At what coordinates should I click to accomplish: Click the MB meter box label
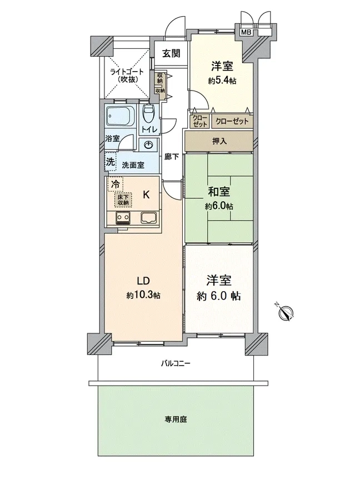(x=246, y=32)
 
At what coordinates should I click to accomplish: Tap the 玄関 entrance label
(x=171, y=53)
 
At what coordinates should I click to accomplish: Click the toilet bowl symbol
(x=148, y=114)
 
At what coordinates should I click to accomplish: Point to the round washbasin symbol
(x=148, y=146)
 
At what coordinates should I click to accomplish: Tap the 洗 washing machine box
(x=111, y=162)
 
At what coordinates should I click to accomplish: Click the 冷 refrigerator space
(x=116, y=184)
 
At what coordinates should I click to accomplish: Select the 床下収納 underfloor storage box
(x=123, y=200)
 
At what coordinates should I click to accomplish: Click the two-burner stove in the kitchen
(x=123, y=218)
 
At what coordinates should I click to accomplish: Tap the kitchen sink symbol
(x=148, y=218)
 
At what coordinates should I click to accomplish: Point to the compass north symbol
(x=286, y=312)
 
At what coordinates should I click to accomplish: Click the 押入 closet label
(x=219, y=141)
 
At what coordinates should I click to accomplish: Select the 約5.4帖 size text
(x=222, y=81)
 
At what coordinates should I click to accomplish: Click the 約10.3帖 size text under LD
(x=143, y=296)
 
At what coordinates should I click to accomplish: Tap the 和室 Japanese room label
(x=219, y=192)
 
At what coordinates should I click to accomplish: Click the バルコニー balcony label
(x=175, y=363)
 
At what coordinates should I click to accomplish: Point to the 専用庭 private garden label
(x=176, y=419)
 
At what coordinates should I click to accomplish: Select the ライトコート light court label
(x=127, y=72)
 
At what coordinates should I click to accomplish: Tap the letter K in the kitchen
(x=146, y=194)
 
